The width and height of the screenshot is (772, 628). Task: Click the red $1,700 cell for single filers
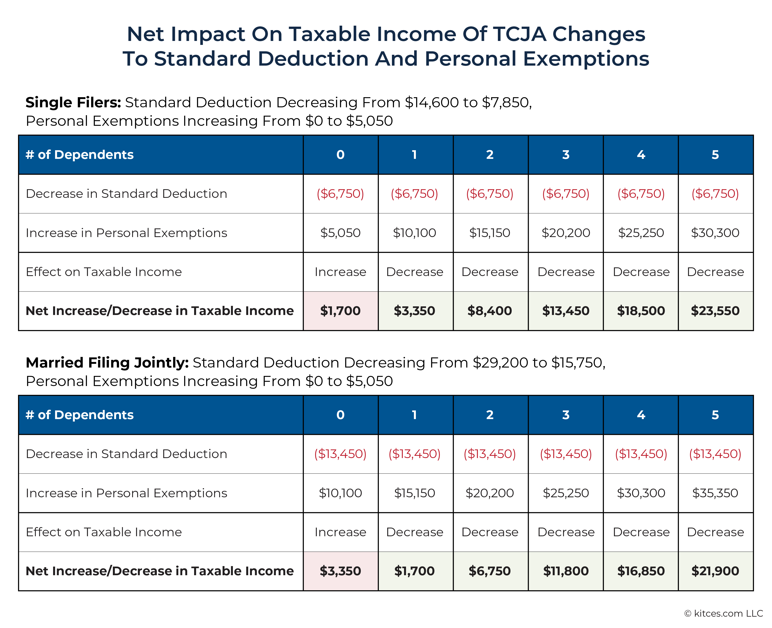(340, 311)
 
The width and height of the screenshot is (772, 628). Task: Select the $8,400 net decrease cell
(489, 311)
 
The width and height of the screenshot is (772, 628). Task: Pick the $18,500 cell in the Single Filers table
(641, 311)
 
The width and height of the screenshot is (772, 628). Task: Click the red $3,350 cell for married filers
(340, 571)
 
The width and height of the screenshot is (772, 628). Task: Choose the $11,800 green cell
(566, 571)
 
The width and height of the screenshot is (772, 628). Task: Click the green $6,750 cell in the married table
(489, 571)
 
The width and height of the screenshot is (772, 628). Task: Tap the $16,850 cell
(641, 571)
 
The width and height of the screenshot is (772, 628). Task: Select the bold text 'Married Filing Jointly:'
(107, 363)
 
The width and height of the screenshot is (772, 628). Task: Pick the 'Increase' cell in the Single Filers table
(340, 272)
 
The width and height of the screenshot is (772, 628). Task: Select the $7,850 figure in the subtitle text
(506, 103)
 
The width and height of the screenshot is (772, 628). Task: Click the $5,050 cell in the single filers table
(340, 233)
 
